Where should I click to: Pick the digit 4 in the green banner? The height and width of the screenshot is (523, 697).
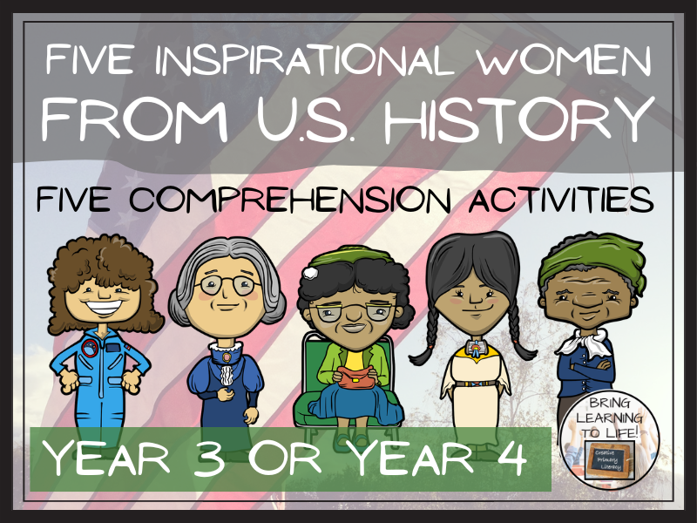pyautogui.click(x=510, y=458)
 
